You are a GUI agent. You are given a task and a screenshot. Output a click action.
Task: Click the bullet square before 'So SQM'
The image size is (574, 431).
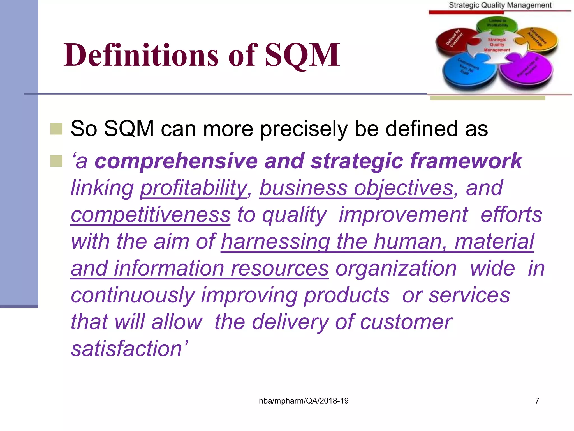[56, 129]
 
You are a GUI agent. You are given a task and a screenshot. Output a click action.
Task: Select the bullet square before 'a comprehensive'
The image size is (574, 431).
[56, 161]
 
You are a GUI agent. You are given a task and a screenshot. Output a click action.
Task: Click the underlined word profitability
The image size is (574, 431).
[193, 188]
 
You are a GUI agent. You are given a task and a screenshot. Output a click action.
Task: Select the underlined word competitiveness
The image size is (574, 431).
[151, 215]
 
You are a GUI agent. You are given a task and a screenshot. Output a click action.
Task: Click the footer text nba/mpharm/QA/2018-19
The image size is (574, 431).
[304, 401]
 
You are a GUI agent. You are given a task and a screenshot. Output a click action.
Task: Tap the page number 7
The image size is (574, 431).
[537, 401]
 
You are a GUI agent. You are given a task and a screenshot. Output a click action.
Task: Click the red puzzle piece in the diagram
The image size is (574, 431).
[454, 42]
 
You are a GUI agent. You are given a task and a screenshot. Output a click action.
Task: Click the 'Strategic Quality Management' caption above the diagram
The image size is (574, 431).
[500, 5]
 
